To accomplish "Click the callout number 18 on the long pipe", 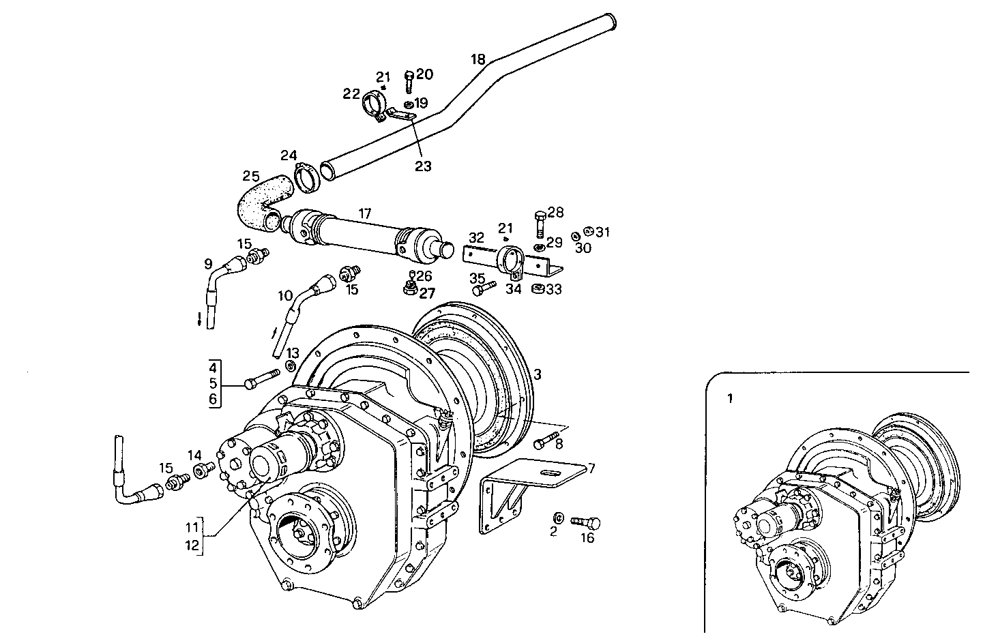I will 478,59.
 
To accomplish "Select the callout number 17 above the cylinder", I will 365,214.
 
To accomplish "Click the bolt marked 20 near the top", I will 409,83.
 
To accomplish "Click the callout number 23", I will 423,166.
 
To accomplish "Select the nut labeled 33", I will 537,289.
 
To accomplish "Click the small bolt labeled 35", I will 484,289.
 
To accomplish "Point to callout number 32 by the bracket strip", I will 477,237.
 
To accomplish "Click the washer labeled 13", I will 289,367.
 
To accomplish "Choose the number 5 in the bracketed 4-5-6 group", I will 213,383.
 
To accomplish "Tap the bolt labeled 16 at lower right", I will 585,524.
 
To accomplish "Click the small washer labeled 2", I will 557,516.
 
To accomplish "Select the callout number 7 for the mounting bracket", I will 591,468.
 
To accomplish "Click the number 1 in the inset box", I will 729,399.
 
